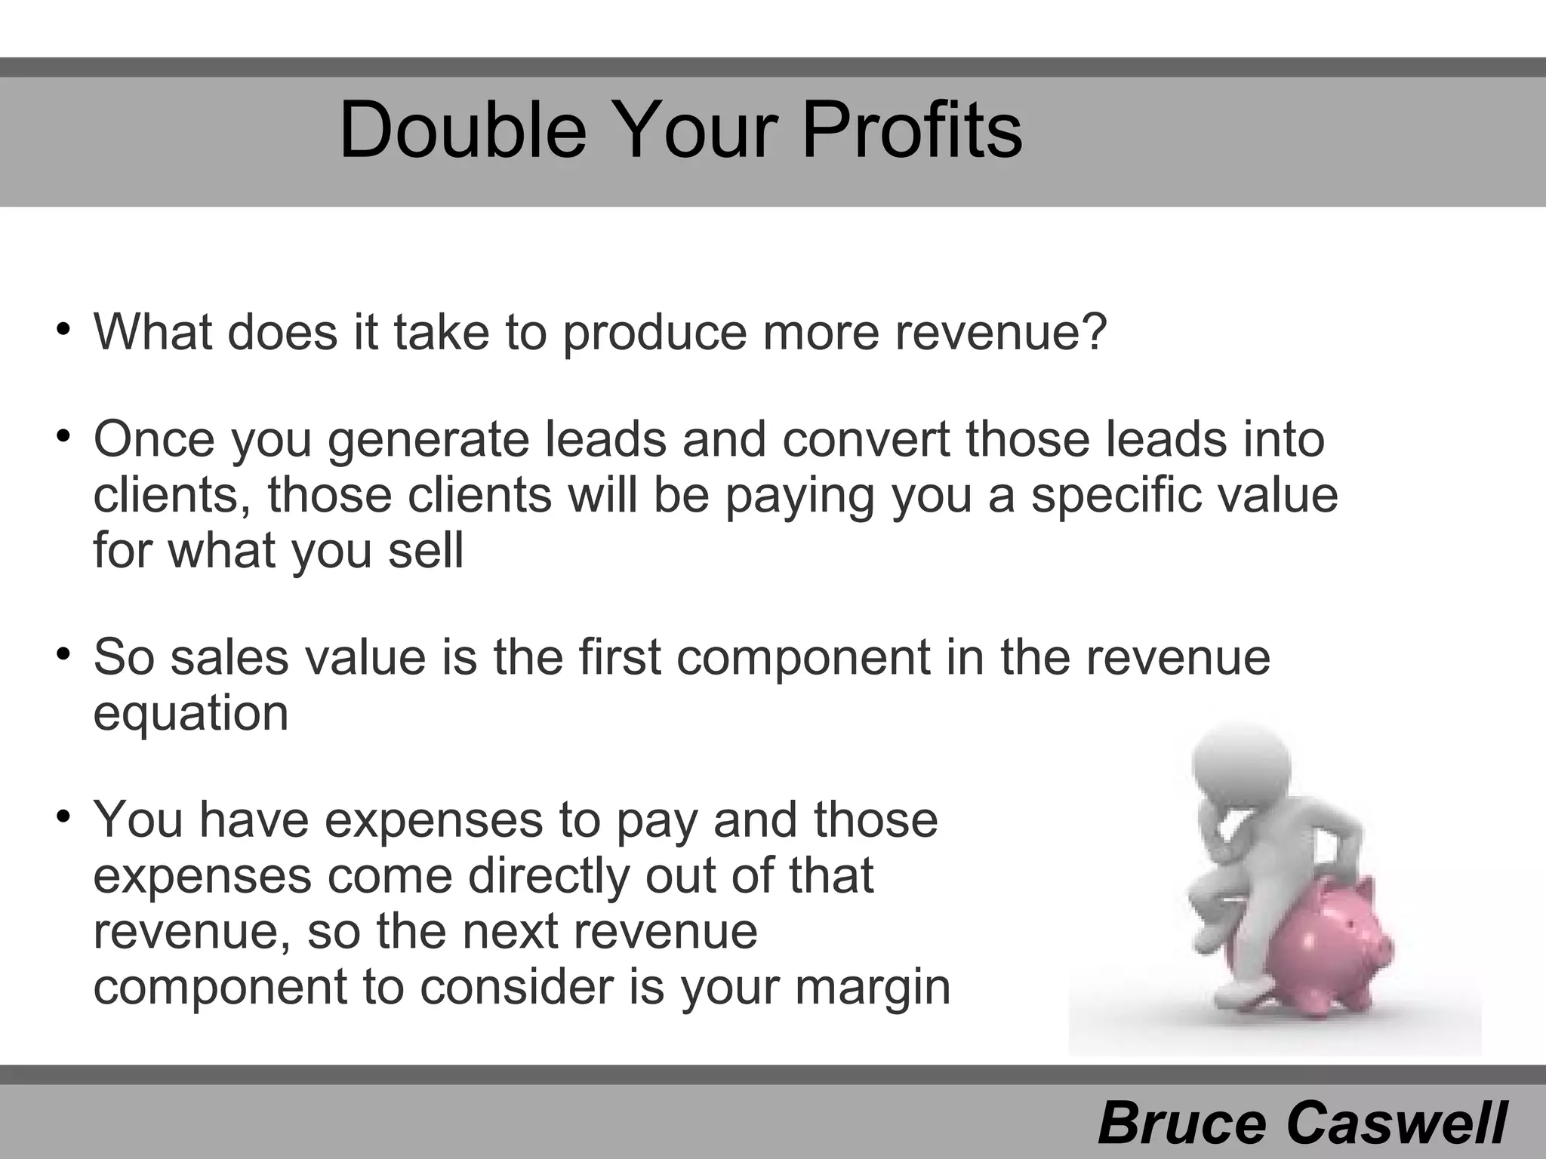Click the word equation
click(191, 714)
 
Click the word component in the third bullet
click(803, 656)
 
